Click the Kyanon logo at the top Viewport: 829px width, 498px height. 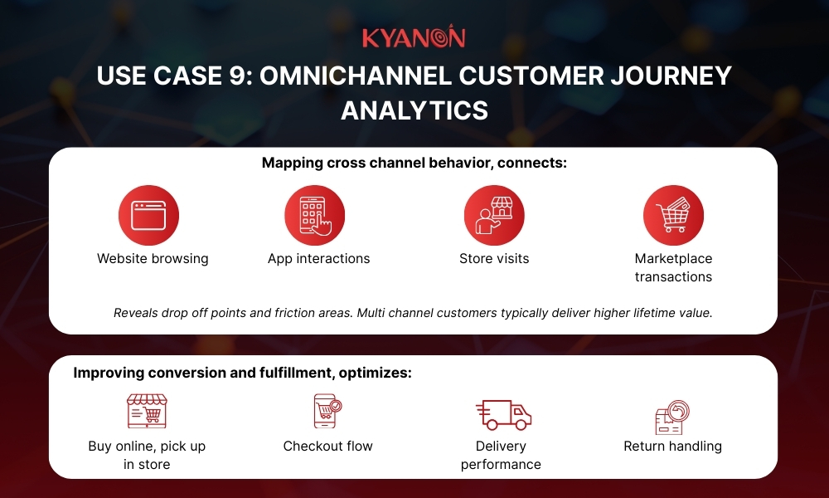click(x=414, y=37)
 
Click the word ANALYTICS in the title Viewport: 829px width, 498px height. click(x=414, y=110)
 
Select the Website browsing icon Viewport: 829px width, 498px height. click(x=148, y=215)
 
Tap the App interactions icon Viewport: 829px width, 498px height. click(x=314, y=215)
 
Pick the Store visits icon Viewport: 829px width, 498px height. click(x=494, y=215)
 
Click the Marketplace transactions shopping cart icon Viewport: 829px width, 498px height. click(x=673, y=215)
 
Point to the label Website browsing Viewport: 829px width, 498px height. click(x=153, y=258)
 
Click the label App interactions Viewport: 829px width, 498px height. click(x=318, y=258)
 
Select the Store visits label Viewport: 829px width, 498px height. click(x=494, y=258)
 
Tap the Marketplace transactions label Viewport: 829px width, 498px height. click(x=673, y=267)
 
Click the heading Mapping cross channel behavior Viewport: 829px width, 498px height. click(x=414, y=163)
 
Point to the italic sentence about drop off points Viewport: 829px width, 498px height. click(x=413, y=313)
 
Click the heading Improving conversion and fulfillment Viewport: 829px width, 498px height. click(x=242, y=373)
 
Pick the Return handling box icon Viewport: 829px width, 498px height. click(x=672, y=417)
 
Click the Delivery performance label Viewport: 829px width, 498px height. click(x=501, y=455)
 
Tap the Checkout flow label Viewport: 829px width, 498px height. click(x=327, y=446)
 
